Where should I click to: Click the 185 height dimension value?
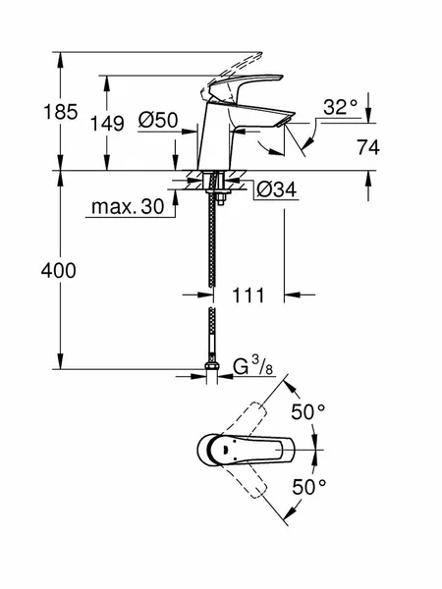(61, 112)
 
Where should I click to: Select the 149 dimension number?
(107, 124)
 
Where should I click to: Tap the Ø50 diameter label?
(158, 120)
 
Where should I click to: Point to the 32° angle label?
(340, 107)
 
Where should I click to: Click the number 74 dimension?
(368, 147)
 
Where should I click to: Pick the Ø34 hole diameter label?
(277, 189)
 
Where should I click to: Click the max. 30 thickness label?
(128, 206)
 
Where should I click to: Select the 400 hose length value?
(59, 271)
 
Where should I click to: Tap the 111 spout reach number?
(249, 295)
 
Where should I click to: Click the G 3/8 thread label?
(253, 366)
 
